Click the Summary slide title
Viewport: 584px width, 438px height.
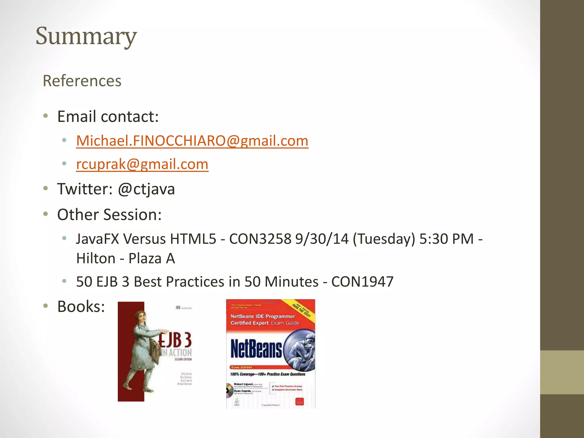pos(86,36)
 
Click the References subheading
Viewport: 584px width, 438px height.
pos(82,81)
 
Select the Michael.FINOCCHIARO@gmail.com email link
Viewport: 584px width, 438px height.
pos(192,141)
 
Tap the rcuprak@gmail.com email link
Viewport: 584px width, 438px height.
pos(142,164)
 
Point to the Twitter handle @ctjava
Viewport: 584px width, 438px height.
pos(146,189)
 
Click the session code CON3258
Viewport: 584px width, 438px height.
pos(260,239)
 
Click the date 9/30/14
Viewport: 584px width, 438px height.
pos(322,239)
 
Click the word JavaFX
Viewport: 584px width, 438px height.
pos(98,239)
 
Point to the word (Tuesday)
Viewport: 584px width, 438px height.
pos(384,239)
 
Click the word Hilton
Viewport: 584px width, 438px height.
pos(96,259)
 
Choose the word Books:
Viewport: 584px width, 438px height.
pos(81,307)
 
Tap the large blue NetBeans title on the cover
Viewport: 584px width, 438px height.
pos(256,349)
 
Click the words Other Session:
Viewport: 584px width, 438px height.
pos(109,214)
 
